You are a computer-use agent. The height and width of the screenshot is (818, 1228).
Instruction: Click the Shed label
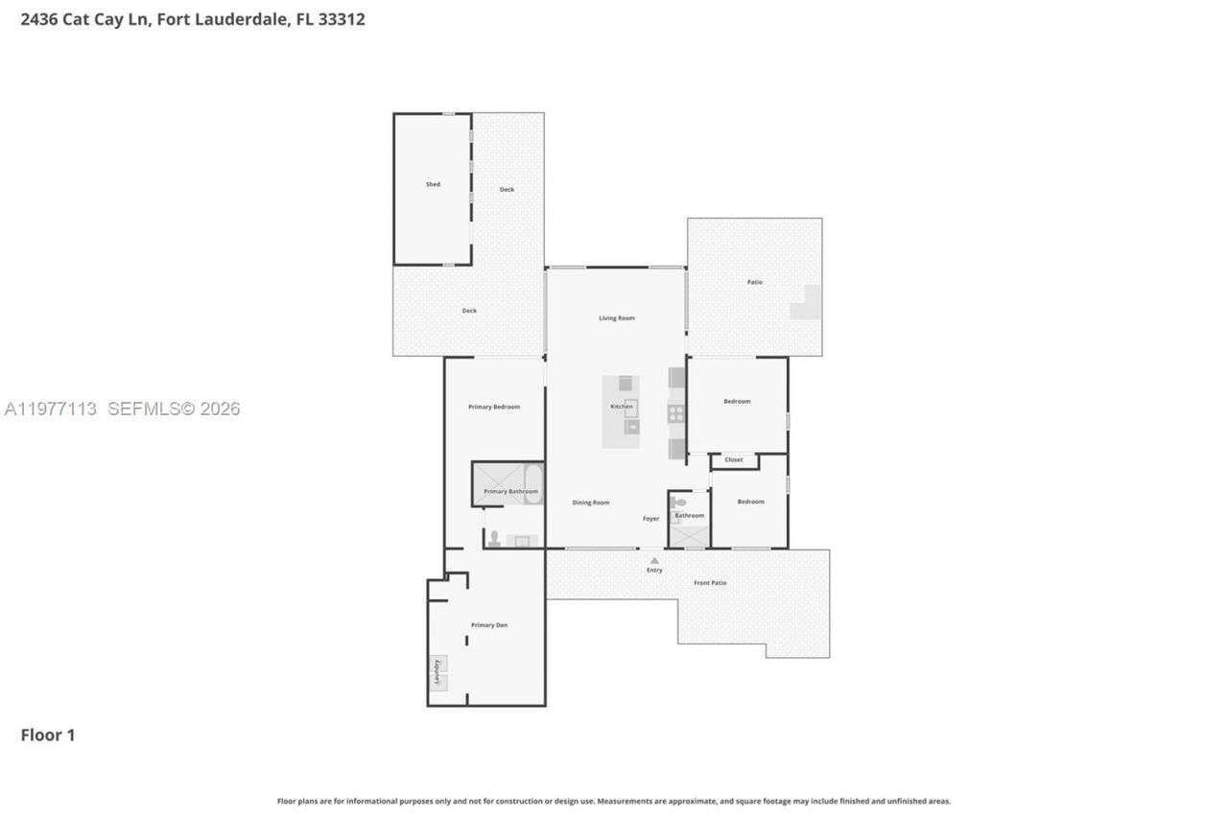[x=433, y=184]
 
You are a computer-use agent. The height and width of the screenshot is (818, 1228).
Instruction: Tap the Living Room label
[x=617, y=318]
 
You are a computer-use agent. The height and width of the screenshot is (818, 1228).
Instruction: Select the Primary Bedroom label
[x=494, y=407]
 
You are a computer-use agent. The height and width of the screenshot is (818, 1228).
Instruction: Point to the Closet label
[x=734, y=460]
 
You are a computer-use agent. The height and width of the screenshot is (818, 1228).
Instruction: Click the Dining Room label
[x=591, y=502]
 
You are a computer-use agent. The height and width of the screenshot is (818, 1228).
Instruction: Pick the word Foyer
[x=650, y=519]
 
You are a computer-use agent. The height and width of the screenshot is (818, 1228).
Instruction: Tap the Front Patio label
[x=710, y=583]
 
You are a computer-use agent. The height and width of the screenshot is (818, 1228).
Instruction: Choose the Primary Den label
[x=489, y=625]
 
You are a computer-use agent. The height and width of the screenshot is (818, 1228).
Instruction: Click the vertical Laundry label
[x=437, y=672]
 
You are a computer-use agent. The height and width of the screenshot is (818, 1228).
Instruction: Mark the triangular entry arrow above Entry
[x=654, y=560]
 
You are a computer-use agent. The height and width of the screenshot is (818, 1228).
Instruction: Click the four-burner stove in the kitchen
[x=676, y=413]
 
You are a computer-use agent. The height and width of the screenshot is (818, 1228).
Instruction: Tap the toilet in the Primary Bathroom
[x=494, y=538]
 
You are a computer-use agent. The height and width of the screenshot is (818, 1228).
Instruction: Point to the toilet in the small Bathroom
[x=679, y=502]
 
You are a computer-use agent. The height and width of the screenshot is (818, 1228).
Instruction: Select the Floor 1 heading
[x=48, y=736]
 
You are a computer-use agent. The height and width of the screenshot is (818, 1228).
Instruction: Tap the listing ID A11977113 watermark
[x=51, y=409]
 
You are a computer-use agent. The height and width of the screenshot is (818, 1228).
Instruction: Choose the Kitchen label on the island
[x=622, y=407]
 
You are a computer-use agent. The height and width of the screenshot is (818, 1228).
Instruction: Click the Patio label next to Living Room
[x=755, y=282]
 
